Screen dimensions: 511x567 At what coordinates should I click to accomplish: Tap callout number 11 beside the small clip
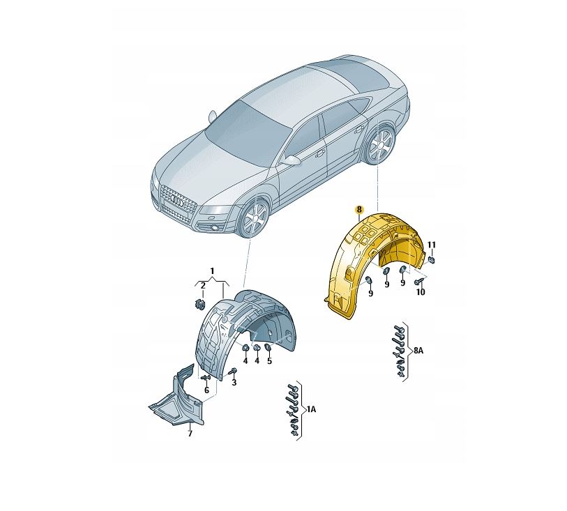pos(432,245)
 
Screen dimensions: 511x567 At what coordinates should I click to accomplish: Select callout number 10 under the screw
pos(420,293)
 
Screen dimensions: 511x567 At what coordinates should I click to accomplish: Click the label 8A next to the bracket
pos(418,352)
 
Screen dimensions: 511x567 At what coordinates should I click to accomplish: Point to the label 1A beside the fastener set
pos(311,411)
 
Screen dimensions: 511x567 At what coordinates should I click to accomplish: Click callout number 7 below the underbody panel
pos(189,434)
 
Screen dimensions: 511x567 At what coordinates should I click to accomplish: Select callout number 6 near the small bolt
pos(206,390)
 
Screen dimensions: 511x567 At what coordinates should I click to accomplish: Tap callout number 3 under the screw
pos(234,383)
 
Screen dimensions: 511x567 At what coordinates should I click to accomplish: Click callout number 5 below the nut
pos(269,360)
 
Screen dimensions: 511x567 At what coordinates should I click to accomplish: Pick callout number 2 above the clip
pos(202,286)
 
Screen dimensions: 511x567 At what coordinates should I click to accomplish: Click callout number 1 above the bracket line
pos(213,270)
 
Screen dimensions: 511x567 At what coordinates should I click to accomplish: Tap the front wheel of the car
pos(254,219)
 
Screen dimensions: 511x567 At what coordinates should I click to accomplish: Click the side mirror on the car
pos(292,160)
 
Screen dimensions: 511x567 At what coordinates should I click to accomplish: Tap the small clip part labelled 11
pos(432,259)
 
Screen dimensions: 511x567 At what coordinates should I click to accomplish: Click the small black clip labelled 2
pos(199,303)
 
